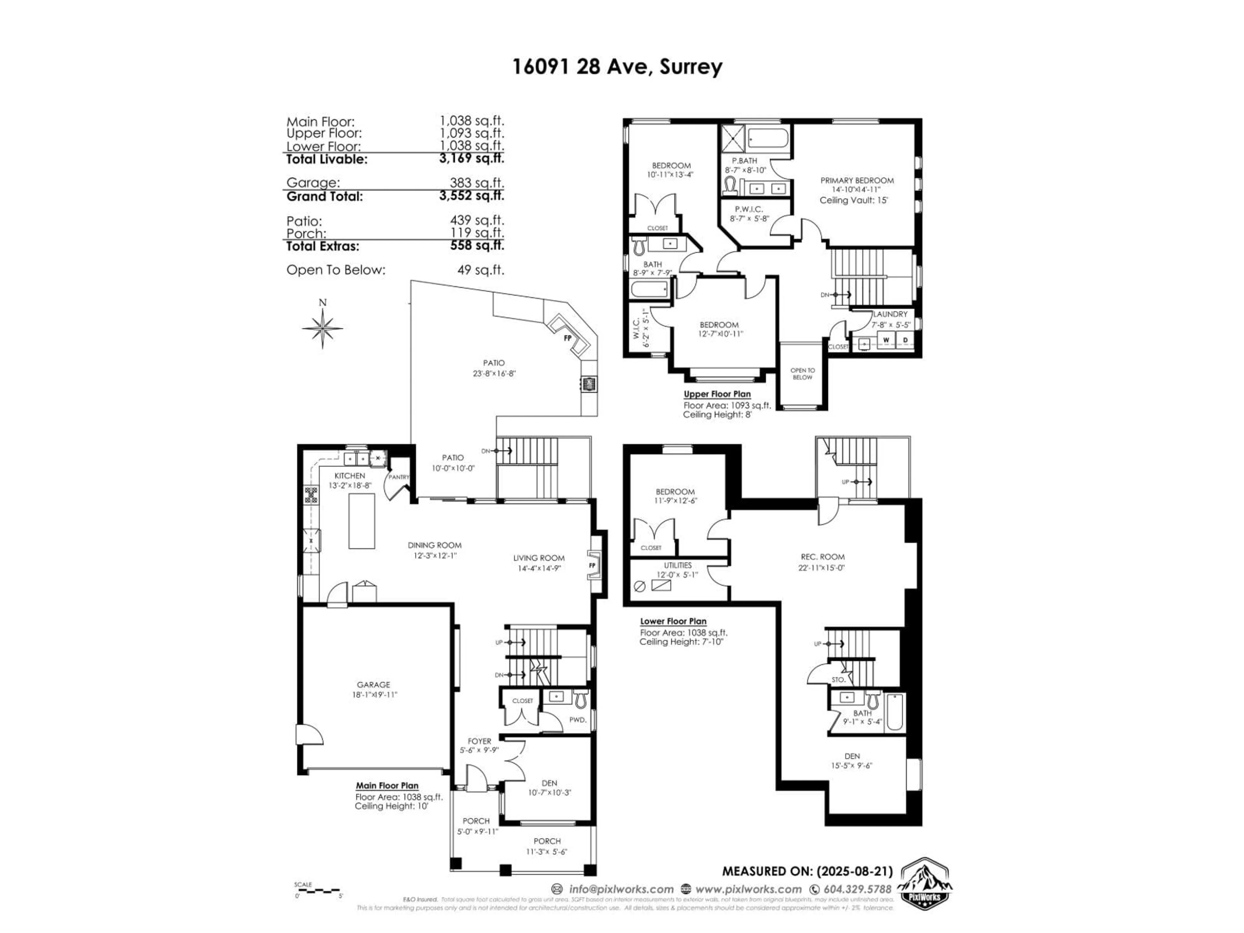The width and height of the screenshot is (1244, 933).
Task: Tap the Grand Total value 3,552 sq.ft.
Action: click(x=471, y=196)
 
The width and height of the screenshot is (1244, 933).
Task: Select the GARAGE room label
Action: click(x=373, y=685)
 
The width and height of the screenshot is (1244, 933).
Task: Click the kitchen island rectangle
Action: click(x=362, y=521)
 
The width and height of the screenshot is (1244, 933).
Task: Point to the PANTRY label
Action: click(x=399, y=477)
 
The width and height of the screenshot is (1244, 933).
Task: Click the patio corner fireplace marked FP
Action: click(x=568, y=338)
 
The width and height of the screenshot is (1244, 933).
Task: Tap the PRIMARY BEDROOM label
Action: click(x=857, y=180)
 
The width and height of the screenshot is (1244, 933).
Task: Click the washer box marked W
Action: click(x=886, y=340)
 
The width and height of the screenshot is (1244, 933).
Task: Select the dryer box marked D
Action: click(x=905, y=340)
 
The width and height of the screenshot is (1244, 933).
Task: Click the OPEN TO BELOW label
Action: click(x=802, y=374)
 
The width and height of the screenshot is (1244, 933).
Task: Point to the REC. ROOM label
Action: click(x=822, y=557)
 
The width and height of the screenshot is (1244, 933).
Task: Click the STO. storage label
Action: click(x=838, y=679)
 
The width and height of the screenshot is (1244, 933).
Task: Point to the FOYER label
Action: click(x=479, y=741)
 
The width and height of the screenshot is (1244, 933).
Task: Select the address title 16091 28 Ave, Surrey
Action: click(x=617, y=67)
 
